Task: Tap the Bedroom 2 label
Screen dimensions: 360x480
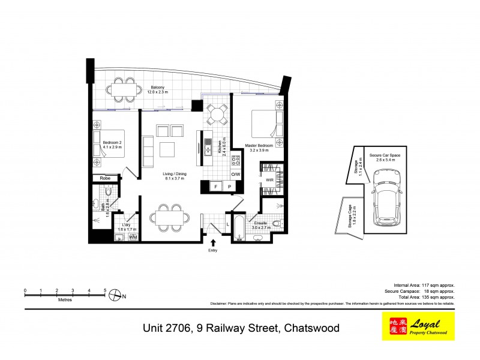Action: pos(112,144)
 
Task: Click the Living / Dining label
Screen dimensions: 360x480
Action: pos(175,176)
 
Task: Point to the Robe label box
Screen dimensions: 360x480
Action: pos(105,178)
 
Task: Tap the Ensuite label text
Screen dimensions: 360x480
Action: pos(260,222)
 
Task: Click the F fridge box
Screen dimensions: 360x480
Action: pos(215,187)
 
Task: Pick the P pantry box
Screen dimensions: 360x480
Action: pos(230,187)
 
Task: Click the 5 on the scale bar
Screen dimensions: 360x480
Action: pos(105,290)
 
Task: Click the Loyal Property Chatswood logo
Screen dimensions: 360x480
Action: pos(418,326)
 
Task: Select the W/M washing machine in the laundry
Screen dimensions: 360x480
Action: pos(133,237)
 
